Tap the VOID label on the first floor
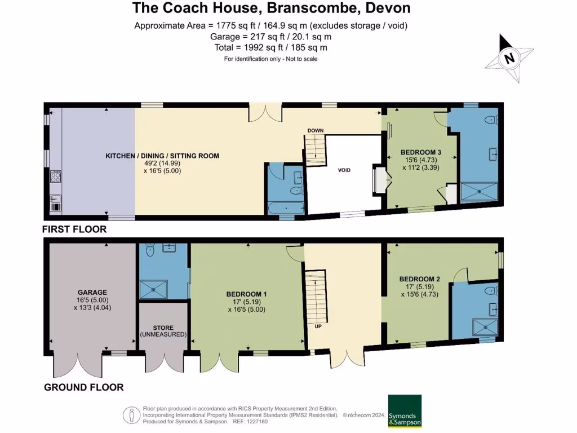click(x=344, y=170)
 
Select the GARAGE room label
click(x=92, y=292)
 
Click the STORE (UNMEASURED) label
click(x=163, y=331)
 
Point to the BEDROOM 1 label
click(x=246, y=294)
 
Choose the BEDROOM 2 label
click(x=419, y=279)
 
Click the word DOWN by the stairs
click(x=316, y=131)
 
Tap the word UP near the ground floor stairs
click(x=318, y=327)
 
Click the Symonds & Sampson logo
click(x=405, y=410)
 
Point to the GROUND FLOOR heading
click(x=83, y=387)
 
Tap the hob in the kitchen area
click(x=56, y=177)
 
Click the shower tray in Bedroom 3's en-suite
click(x=480, y=192)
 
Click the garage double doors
click(x=77, y=365)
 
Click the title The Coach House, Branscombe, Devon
click(x=271, y=8)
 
